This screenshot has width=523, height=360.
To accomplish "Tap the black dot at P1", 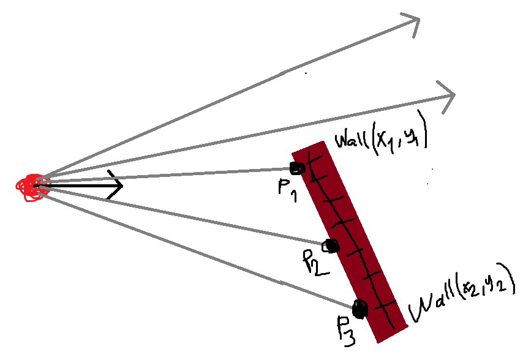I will pos(296,168).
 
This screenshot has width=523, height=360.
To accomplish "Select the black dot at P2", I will pos(332,246).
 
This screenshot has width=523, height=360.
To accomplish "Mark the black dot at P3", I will pos(359,309).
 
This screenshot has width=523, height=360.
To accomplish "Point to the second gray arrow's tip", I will pos(455,95).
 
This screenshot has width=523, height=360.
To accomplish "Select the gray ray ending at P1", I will pos(165,177).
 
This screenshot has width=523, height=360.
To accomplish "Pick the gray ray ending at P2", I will pos(184,215).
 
